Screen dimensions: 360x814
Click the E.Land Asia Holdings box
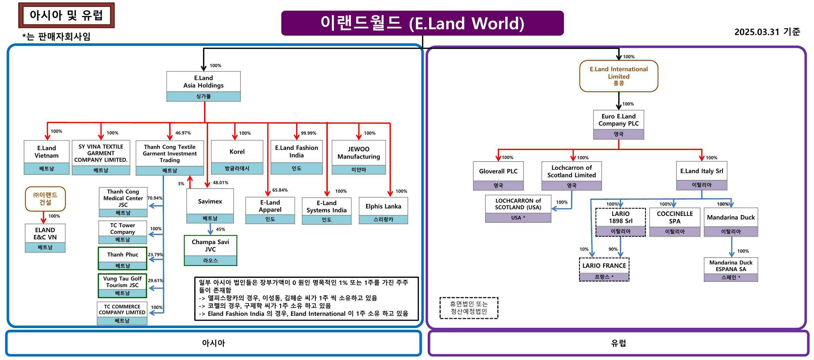pos(203,86)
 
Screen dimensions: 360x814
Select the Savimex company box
pos(210,205)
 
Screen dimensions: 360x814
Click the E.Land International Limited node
pos(619,76)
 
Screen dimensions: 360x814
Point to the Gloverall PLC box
pos(498,175)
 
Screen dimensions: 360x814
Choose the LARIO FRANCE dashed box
pos(604,269)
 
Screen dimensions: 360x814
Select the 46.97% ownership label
pos(183,133)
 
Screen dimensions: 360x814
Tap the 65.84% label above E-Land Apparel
pos(280,190)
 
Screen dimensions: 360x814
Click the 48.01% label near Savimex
pos(220,183)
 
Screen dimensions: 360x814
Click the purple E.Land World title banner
pos(422,23)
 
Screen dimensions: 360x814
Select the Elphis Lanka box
pos(383,210)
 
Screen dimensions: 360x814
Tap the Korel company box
pos(237,157)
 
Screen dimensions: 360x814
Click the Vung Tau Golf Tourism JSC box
pos(122,285)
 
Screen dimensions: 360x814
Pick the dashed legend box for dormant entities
pos(469,308)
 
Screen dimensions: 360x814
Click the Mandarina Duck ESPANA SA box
pos(731,269)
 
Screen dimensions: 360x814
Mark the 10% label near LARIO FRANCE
pos(584,249)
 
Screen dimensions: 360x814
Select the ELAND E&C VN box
pos(45,238)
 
